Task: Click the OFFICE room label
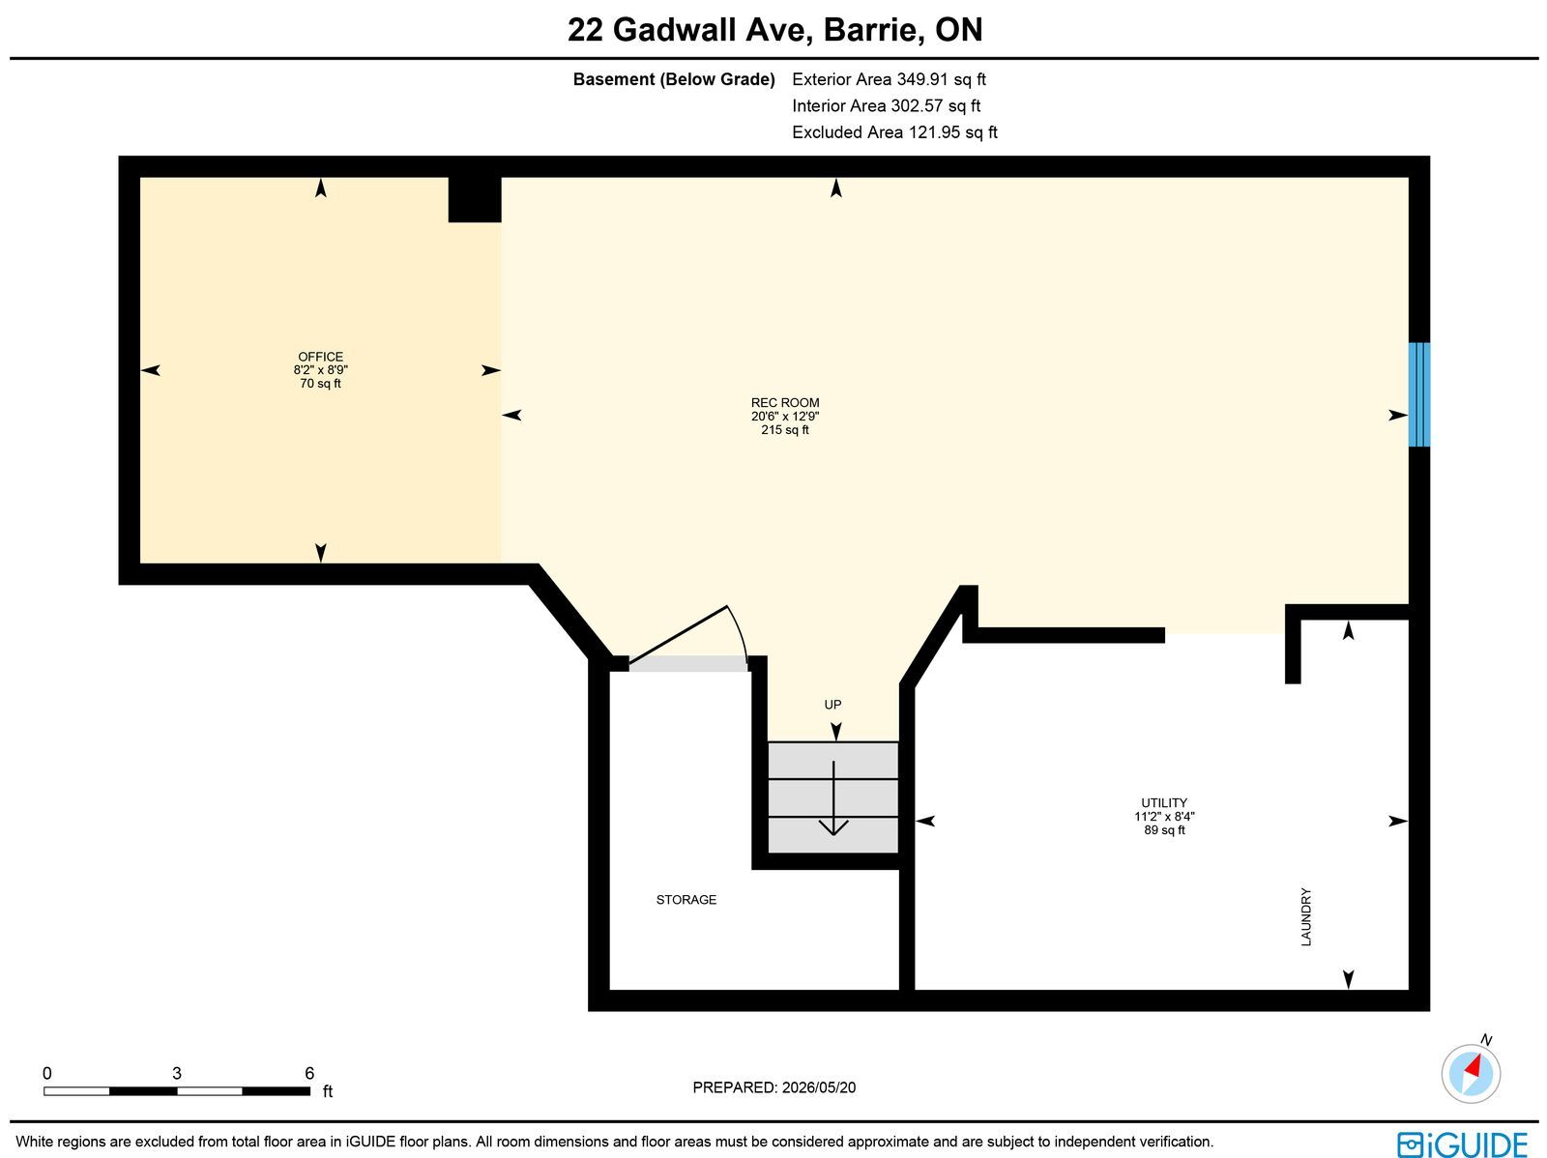(320, 357)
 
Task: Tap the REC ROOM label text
(784, 402)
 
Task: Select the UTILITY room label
(1163, 802)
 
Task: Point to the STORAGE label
(686, 900)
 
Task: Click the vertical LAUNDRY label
(1305, 916)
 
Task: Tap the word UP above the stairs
(832, 705)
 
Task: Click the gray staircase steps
(832, 796)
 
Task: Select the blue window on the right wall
(1418, 394)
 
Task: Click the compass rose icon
(1471, 1073)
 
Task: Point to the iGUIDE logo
(1462, 1144)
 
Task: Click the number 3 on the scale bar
(176, 1073)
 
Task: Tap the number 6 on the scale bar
(308, 1073)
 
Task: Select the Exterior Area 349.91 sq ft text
(888, 79)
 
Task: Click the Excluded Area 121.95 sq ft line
(894, 132)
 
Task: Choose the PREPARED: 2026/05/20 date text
(773, 1087)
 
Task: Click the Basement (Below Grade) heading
(673, 79)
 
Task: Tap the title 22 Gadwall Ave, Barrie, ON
(774, 30)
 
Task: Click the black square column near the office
(475, 199)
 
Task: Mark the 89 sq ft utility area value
(1163, 829)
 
